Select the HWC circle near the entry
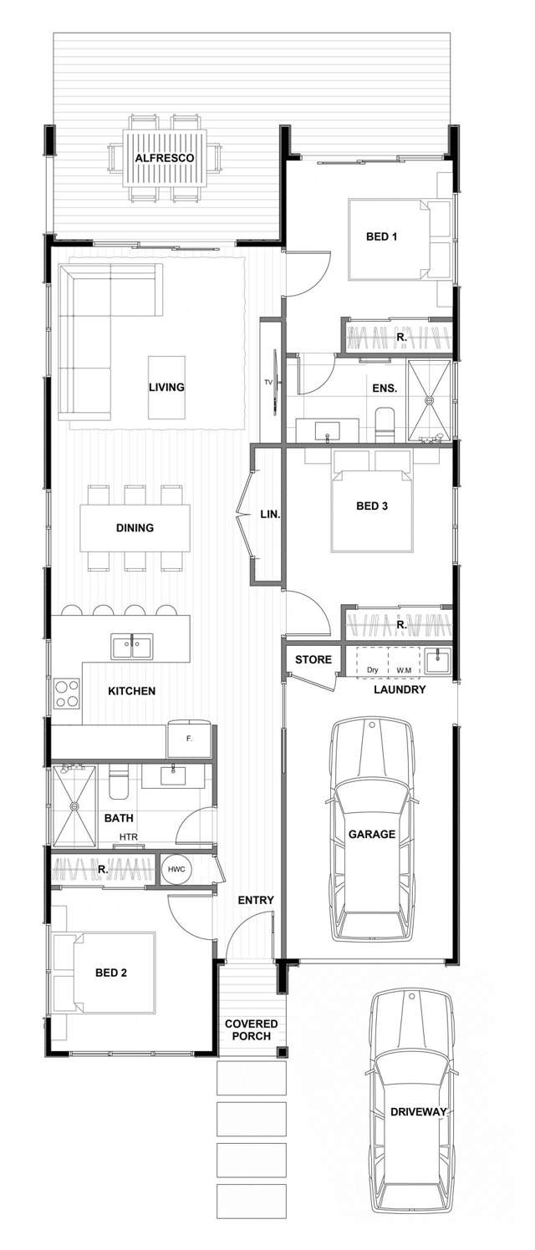(176, 869)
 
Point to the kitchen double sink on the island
(132, 645)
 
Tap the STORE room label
(313, 659)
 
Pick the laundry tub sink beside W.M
(437, 661)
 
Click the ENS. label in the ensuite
(385, 389)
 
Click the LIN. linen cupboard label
(269, 515)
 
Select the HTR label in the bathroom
(128, 837)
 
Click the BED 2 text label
(111, 973)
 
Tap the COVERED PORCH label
(251, 1029)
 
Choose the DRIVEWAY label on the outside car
(418, 1111)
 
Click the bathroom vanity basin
(173, 775)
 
